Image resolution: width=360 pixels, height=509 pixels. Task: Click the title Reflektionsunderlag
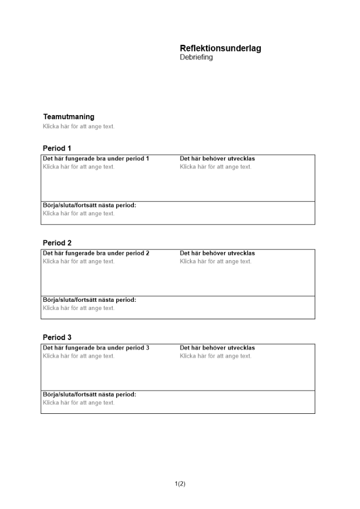tap(220, 48)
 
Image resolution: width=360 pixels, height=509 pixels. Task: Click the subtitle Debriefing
tap(196, 58)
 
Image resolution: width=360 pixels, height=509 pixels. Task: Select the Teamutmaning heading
tap(69, 117)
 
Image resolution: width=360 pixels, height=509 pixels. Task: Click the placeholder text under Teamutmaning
tap(79, 126)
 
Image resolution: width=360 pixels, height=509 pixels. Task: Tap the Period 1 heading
tap(57, 148)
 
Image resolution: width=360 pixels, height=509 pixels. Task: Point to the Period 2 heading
tap(57, 243)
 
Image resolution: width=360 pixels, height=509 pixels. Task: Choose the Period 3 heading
tap(57, 337)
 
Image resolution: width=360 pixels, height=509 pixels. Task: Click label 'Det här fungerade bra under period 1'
tap(96, 159)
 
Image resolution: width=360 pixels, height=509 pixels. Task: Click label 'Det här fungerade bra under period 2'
tap(96, 253)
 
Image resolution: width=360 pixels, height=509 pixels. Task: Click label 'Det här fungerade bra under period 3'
tap(96, 348)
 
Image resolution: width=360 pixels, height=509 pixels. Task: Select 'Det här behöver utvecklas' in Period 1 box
tap(217, 159)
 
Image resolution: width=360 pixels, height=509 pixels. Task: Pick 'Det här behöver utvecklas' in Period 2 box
tap(217, 253)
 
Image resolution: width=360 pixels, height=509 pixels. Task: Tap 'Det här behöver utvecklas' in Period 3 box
tap(217, 348)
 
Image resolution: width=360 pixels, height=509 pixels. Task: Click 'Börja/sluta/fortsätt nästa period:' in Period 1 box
tap(90, 206)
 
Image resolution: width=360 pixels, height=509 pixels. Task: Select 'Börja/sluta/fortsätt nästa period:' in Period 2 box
tap(90, 300)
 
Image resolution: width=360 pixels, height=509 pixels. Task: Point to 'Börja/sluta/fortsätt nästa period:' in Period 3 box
tap(90, 394)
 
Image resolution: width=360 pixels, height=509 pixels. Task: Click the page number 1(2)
tap(180, 484)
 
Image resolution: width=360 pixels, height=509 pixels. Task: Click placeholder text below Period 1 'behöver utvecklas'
tap(215, 167)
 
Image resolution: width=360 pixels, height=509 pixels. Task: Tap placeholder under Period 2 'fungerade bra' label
tap(79, 262)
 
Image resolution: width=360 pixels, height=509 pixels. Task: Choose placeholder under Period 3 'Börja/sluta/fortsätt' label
tap(79, 403)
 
